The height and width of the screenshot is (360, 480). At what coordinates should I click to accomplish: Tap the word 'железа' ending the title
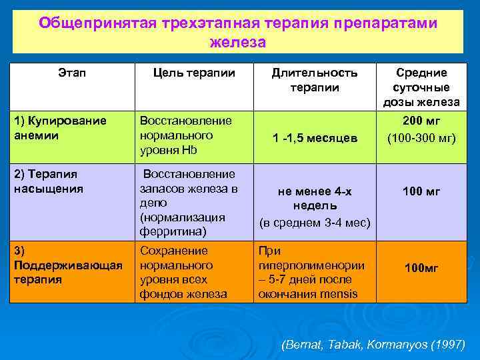click(238, 42)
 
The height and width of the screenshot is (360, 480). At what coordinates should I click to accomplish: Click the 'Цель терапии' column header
click(194, 73)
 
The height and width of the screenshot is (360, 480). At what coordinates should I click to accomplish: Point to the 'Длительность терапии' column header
click(314, 80)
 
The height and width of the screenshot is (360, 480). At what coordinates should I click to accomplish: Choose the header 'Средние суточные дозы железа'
click(421, 87)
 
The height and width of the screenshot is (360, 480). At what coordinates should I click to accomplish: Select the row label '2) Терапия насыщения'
click(48, 181)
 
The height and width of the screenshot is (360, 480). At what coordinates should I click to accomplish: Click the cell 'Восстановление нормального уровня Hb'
click(185, 135)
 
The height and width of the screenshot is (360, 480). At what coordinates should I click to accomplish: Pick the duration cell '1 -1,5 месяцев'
click(315, 138)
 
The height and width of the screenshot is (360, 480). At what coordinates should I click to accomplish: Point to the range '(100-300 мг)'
click(421, 138)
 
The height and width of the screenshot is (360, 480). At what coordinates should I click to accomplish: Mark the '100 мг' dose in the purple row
click(421, 192)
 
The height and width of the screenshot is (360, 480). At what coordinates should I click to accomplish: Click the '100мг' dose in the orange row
click(421, 268)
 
